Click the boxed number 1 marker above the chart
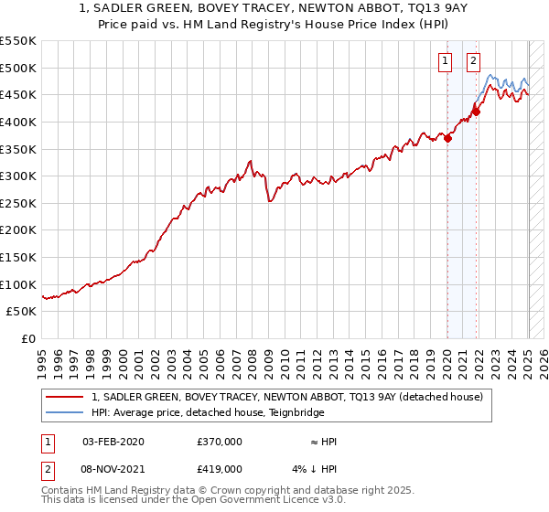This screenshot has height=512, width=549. tap(446, 62)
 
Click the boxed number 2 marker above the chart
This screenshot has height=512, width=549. tap(474, 62)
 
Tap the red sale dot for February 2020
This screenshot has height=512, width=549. tap(447, 139)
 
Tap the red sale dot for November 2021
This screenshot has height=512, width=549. tap(476, 112)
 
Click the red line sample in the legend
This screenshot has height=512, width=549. tap(64, 397)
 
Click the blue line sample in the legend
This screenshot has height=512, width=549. tap(64, 412)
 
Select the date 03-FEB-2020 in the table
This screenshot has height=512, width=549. tap(113, 442)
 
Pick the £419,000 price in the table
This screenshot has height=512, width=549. tap(219, 469)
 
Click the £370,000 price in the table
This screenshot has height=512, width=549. tap(219, 442)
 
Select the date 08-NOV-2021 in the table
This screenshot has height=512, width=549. tap(113, 469)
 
